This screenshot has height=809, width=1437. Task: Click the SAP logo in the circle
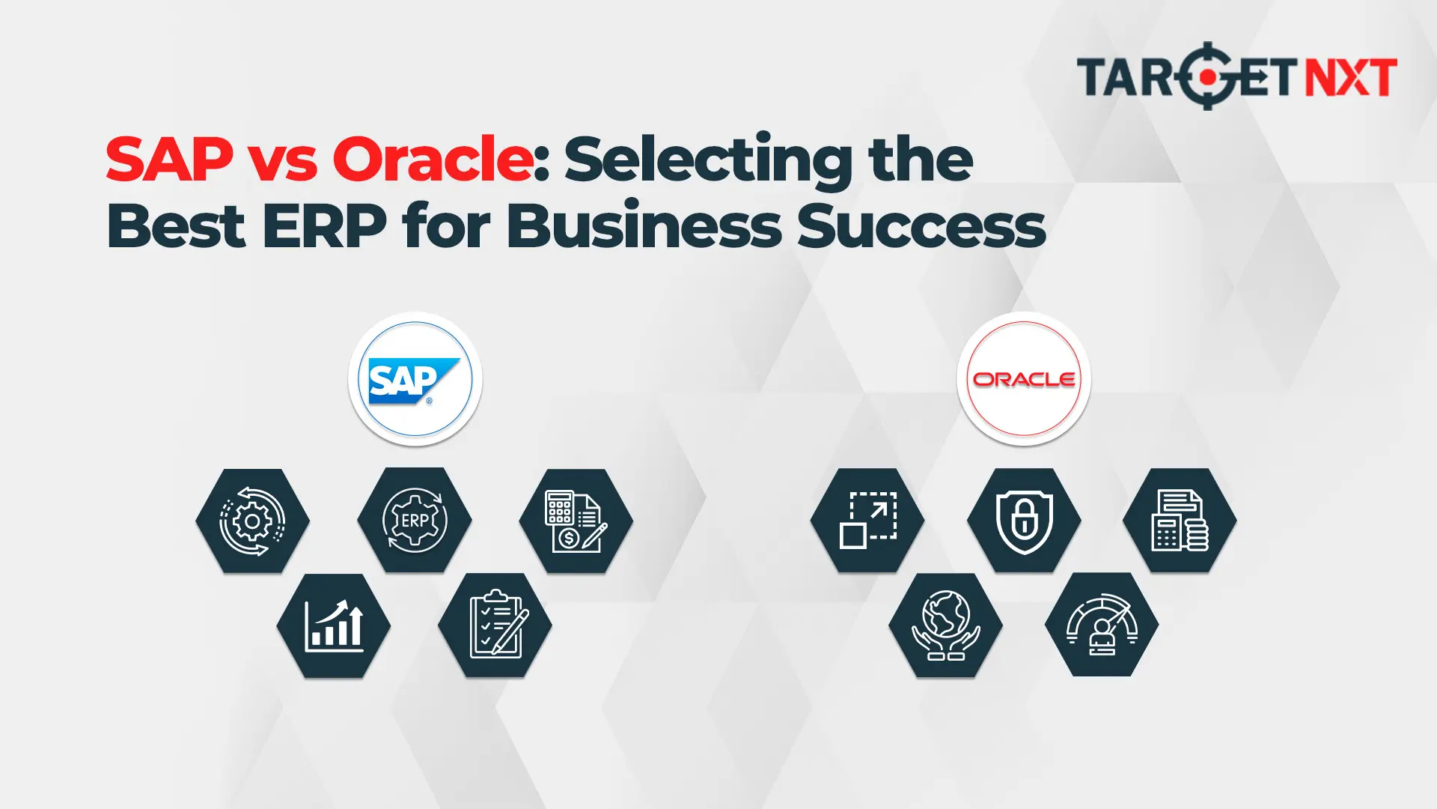coord(414,381)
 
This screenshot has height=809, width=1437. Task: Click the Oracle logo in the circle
coord(1024,379)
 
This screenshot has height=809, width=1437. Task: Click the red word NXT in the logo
coord(1351,77)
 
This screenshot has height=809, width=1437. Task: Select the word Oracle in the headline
coord(432,159)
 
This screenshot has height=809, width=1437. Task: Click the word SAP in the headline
coord(169,159)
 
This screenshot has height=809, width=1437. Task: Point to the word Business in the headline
coord(644,225)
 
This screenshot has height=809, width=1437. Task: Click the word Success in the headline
coord(921,225)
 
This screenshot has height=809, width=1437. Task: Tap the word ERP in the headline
coord(324,225)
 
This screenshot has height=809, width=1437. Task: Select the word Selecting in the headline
coord(708,160)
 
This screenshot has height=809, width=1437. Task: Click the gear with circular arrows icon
coord(252,521)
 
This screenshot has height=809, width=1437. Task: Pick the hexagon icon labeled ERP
coord(415,520)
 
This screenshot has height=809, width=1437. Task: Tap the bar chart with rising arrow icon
coord(334,626)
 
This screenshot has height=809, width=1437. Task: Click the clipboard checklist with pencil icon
coord(495,625)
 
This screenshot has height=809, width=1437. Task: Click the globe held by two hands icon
coord(945,625)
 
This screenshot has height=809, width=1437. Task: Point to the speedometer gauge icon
coord(1102,625)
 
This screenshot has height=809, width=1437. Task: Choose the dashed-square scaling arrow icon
coord(867,521)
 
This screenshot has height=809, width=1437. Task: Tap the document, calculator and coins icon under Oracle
coord(1180,521)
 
